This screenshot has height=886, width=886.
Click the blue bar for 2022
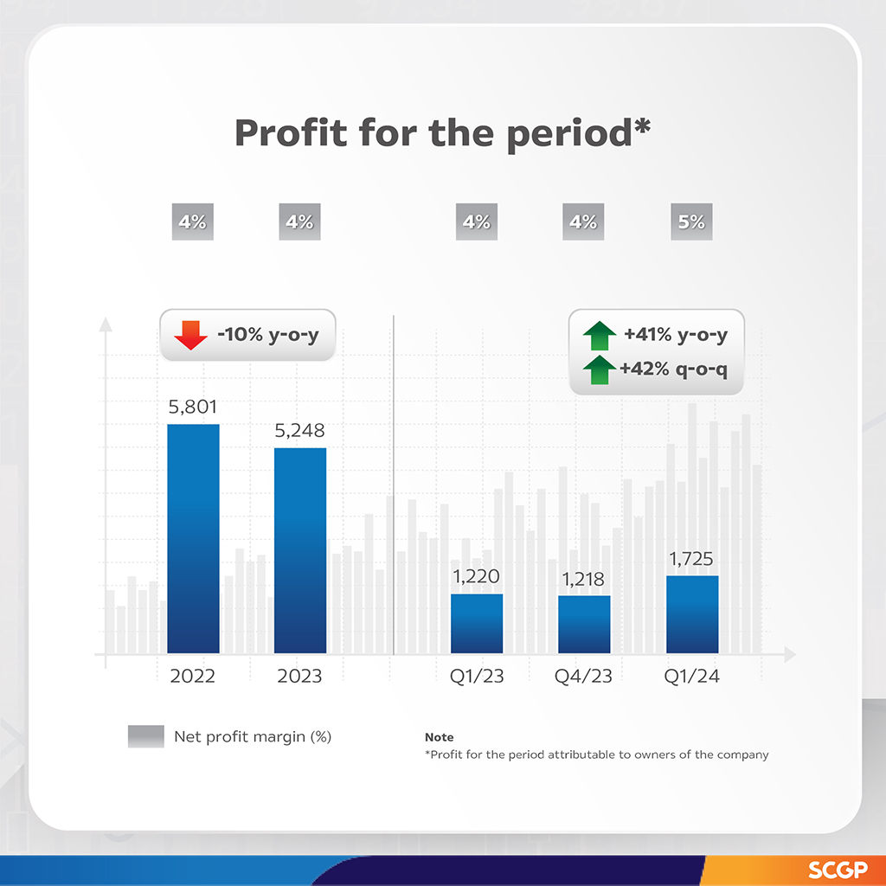pyautogui.click(x=193, y=538)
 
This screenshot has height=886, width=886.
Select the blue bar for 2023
pyautogui.click(x=300, y=550)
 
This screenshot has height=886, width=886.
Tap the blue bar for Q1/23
pyautogui.click(x=477, y=623)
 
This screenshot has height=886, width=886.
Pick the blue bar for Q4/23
pyautogui.click(x=584, y=624)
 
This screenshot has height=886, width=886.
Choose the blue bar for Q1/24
pyautogui.click(x=692, y=614)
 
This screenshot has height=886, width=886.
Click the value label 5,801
pyautogui.click(x=193, y=407)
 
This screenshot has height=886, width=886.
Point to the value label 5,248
pyautogui.click(x=300, y=430)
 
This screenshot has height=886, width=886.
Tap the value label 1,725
pyautogui.click(x=692, y=559)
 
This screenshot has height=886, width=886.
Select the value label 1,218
pyautogui.click(x=584, y=579)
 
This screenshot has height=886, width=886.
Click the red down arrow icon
pyautogui.click(x=190, y=335)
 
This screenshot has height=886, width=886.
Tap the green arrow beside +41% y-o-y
pyautogui.click(x=599, y=334)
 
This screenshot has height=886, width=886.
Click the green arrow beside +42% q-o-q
pyautogui.click(x=599, y=370)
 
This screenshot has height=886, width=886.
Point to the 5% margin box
pyautogui.click(x=691, y=222)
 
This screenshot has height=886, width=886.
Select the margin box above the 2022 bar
pyautogui.click(x=192, y=222)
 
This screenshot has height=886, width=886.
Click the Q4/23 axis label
pyautogui.click(x=584, y=677)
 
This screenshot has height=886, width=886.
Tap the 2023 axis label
pyautogui.click(x=299, y=677)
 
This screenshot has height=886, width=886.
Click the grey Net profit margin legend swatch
pyautogui.click(x=145, y=736)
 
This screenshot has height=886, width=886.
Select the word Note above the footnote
pyautogui.click(x=439, y=737)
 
